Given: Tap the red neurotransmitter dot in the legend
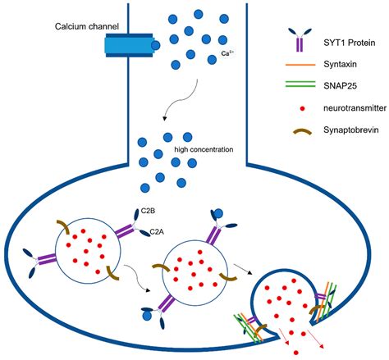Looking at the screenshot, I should tap(294, 107).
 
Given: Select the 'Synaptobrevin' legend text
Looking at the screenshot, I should tap(343, 130).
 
